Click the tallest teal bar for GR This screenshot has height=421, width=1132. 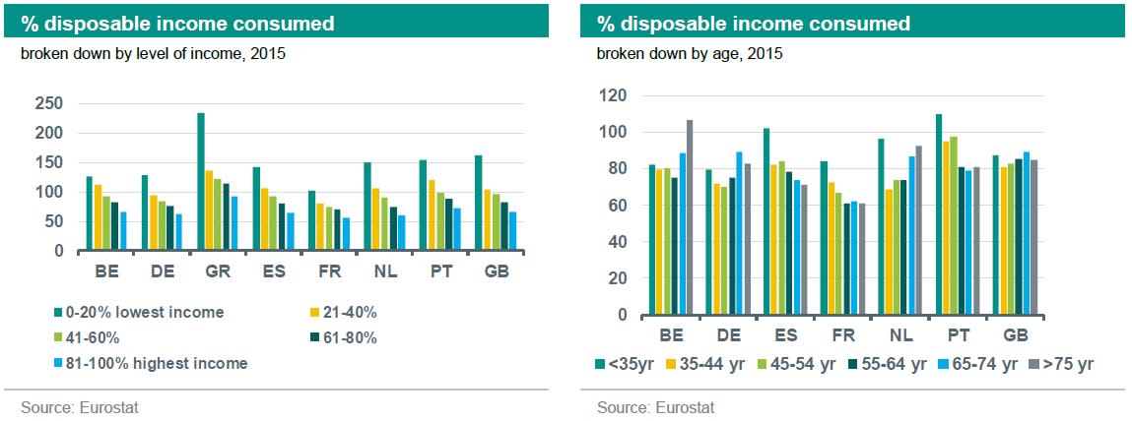(x=201, y=182)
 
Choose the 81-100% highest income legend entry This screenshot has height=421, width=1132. (x=157, y=363)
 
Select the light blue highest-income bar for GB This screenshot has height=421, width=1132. (x=512, y=232)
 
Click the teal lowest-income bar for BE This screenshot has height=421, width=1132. (x=90, y=214)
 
